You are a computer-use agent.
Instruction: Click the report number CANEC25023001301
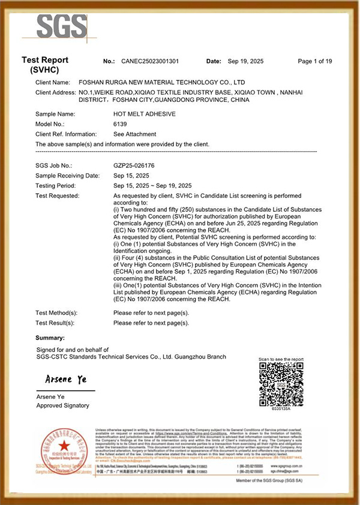tap(149, 61)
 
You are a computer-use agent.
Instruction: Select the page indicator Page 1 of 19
tap(315, 61)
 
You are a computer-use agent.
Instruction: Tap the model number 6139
tap(120, 124)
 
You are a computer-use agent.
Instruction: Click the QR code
tap(281, 385)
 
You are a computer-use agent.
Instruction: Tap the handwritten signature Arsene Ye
tap(66, 380)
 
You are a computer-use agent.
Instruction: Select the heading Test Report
tap(45, 60)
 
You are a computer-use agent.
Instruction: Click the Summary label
tap(50, 338)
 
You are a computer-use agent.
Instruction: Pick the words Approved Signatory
tap(62, 405)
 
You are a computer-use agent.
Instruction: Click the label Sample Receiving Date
tap(67, 175)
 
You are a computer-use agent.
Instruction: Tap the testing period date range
tap(152, 185)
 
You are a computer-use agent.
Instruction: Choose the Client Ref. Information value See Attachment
tap(134, 134)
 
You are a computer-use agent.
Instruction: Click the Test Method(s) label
tap(56, 312)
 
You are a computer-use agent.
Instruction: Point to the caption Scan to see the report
tap(281, 359)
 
